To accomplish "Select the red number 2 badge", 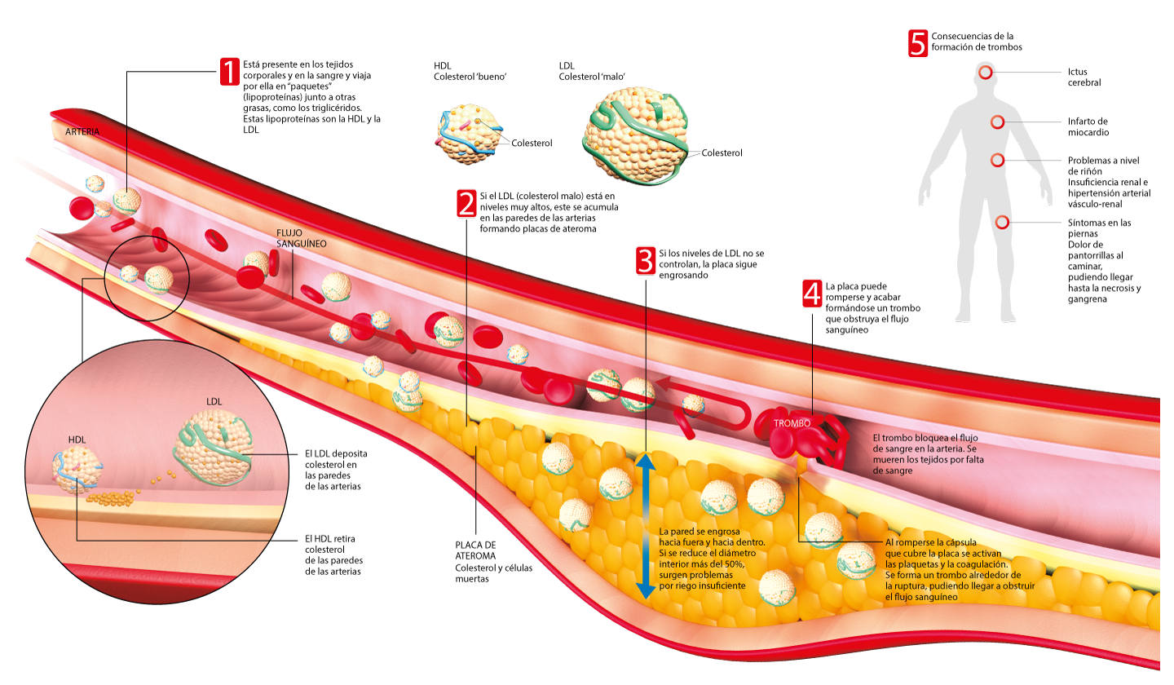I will coord(466,203).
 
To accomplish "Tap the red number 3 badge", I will coord(645,261).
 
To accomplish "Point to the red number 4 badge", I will coord(812,294).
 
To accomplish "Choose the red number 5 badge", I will coord(918,43).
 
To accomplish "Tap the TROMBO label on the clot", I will coord(792,424).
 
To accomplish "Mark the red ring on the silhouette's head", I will coord(986,73).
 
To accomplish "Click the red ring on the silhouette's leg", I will coord(1002,222).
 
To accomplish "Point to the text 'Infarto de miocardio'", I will coord(1088,126).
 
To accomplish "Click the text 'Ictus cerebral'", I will coord(1084,77).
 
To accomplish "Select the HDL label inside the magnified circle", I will coord(77,440).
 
